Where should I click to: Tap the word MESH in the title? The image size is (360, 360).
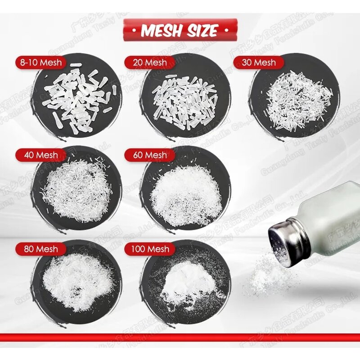(x=161, y=30)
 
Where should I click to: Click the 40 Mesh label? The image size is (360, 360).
(x=40, y=155)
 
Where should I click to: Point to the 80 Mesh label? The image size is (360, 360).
(x=40, y=249)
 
